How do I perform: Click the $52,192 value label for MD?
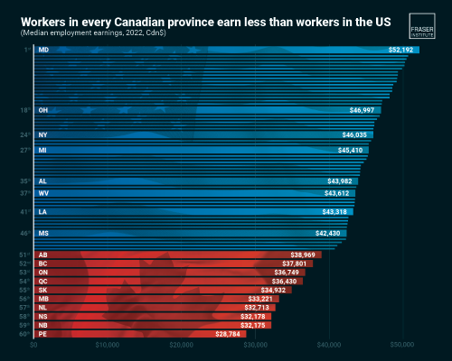click(x=402, y=50)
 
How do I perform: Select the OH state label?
click(x=43, y=110)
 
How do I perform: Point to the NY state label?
click(x=43, y=134)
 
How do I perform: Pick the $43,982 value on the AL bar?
click(x=341, y=180)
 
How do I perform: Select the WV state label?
click(x=43, y=193)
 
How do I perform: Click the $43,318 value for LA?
click(x=337, y=212)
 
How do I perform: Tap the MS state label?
click(x=43, y=234)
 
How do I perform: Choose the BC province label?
click(x=43, y=264)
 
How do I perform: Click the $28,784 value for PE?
click(x=230, y=334)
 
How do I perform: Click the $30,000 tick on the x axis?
click(x=255, y=346)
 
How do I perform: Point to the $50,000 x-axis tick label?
click(x=402, y=346)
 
